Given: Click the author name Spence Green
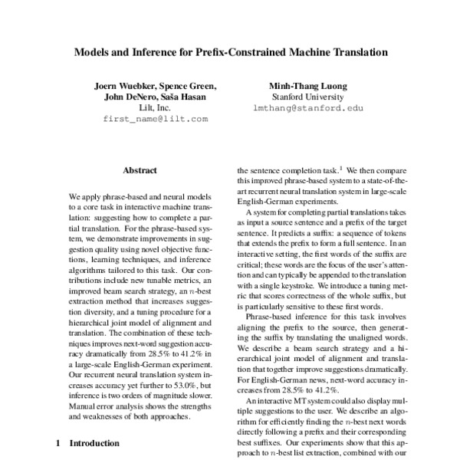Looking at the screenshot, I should pyautogui.click(x=189, y=86).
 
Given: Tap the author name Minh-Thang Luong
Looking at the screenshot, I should pyautogui.click(x=307, y=86).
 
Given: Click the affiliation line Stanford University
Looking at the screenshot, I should pyautogui.click(x=307, y=97).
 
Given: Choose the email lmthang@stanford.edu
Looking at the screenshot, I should pyautogui.click(x=307, y=109).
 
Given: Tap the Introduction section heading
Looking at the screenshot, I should pyautogui.click(x=94, y=443).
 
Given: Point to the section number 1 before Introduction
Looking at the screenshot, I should pyautogui.click(x=59, y=443).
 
